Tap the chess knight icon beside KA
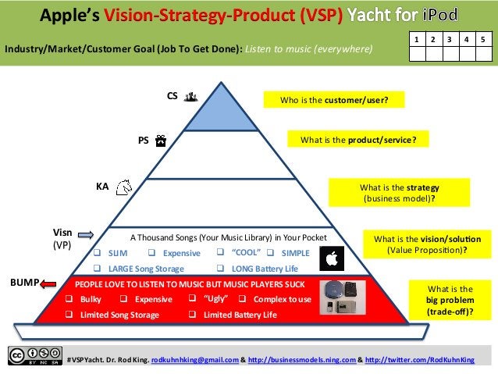123,187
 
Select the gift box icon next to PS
160,141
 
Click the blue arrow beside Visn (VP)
86,233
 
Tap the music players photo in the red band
343,298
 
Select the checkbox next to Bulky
69,299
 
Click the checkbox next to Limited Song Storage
69,315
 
